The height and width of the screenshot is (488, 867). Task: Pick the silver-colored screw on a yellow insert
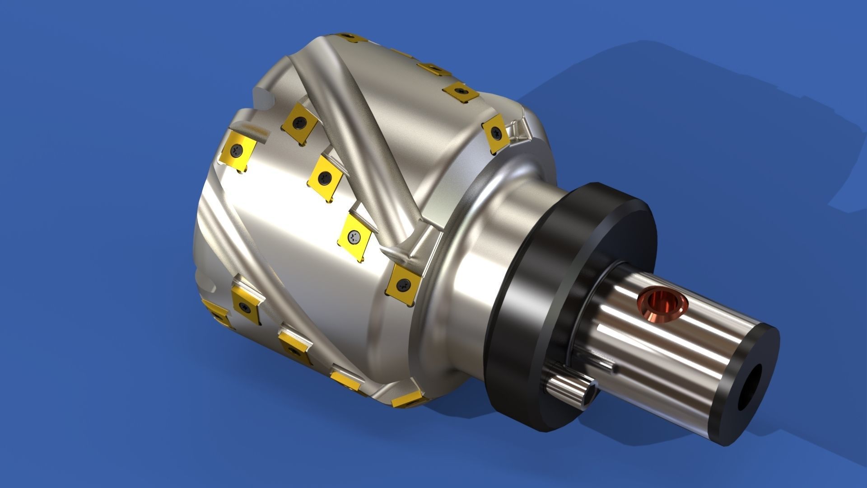click(x=354, y=235)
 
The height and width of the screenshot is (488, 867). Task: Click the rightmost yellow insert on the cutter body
click(x=496, y=131)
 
